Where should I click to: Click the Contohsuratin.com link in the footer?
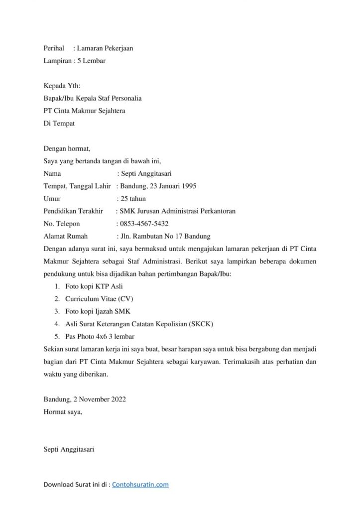[140, 484]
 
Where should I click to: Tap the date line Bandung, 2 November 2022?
[85, 399]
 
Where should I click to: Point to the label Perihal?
[54, 48]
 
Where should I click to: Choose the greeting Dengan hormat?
[67, 148]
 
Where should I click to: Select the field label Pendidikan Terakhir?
[73, 211]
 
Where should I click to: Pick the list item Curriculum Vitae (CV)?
[99, 299]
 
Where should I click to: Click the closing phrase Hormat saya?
[63, 412]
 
